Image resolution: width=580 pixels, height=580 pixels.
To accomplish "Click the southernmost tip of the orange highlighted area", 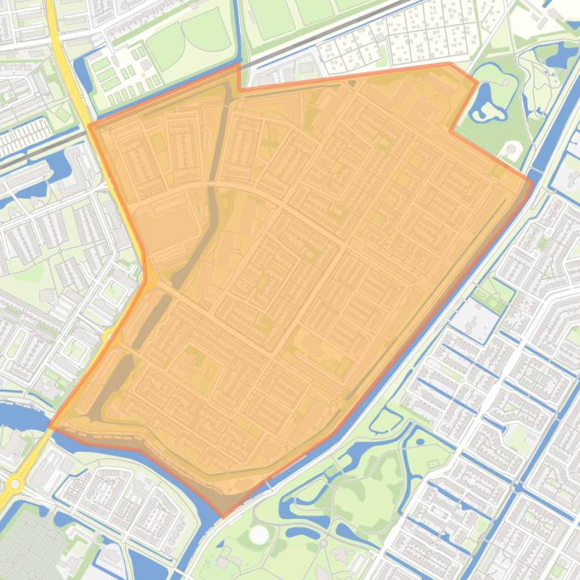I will pos(222,517).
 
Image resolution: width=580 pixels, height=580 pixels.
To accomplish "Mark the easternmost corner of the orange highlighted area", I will pos(533,182).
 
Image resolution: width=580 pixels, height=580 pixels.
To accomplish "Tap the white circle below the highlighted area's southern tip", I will pos(258,536).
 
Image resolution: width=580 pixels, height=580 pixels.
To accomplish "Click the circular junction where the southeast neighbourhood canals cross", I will pos(519,487).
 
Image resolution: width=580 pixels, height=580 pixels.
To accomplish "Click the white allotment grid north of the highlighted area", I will pos(399,38).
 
